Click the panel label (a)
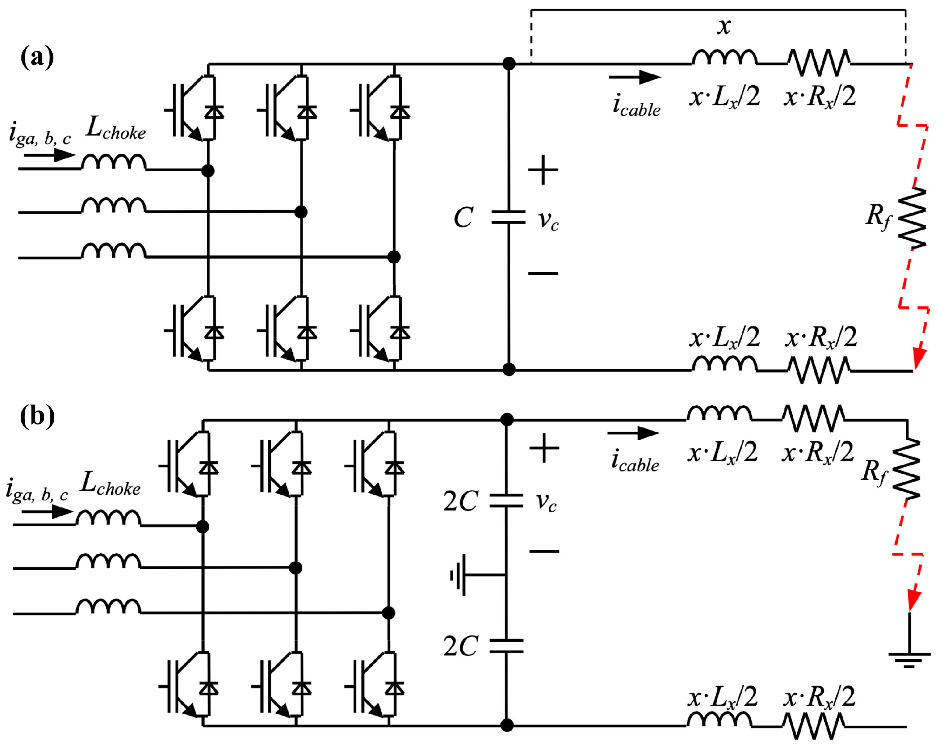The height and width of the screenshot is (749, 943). [x=37, y=57]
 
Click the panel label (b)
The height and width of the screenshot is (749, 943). [x=37, y=416]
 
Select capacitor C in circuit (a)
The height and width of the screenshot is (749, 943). [x=508, y=217]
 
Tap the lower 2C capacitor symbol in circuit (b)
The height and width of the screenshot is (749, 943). [x=506, y=646]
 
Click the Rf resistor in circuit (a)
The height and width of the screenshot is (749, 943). [x=913, y=219]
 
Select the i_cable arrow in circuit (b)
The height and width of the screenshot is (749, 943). [x=633, y=433]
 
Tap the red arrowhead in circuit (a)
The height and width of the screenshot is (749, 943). [x=919, y=359]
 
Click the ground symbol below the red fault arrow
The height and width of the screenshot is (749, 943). [x=909, y=659]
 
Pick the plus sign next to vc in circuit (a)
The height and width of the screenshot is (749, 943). [x=543, y=170]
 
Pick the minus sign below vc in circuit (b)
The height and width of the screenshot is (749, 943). [x=544, y=551]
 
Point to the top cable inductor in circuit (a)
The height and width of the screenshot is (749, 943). [x=724, y=58]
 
